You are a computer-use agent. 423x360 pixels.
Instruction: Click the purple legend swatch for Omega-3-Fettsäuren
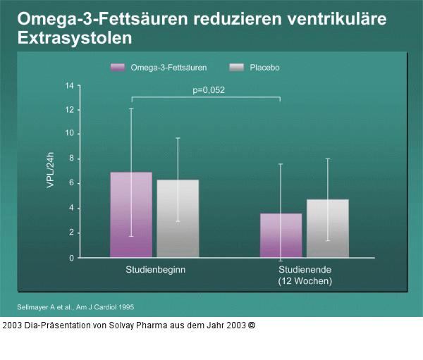coord(118,67)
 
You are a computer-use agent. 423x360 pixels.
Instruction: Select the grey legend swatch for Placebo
coord(237,67)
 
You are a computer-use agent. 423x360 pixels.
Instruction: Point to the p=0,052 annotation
coord(209,89)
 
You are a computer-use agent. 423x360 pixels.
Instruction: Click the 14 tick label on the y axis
coord(69,86)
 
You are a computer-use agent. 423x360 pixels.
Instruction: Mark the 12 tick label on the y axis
coord(69,110)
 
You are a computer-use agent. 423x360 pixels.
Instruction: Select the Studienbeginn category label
coord(155,270)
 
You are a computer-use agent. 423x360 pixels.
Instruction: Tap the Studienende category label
coord(305,270)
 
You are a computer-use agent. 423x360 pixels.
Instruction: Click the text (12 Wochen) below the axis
coord(305,280)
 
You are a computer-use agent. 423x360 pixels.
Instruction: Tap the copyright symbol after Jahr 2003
coord(252,326)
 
